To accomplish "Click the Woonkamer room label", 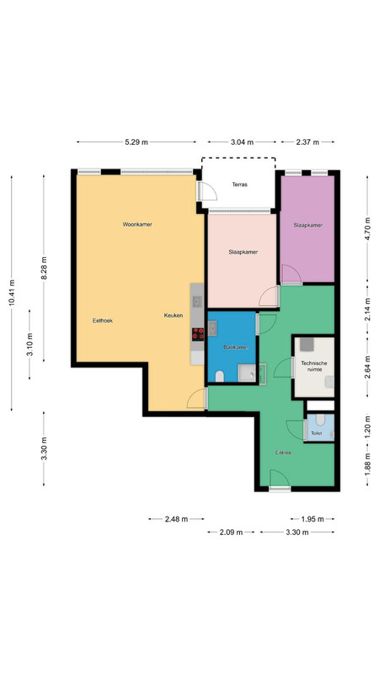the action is coord(137,224).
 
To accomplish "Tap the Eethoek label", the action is coord(103,321).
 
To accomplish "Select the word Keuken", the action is coord(173,315).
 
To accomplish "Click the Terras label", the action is coord(240,185).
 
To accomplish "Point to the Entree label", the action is coord(284,452).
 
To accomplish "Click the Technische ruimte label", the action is coord(314,366).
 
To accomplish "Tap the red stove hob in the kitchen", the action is coord(198,334).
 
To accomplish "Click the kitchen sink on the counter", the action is coord(197,302).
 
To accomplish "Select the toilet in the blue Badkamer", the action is coord(220,377).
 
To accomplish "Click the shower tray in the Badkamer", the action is coord(247,372).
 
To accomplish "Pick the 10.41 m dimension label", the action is coord(12,292).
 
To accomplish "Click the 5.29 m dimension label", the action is coord(136,142).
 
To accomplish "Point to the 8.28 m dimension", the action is coord(44,268).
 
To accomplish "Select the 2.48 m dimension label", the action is coord(176,519).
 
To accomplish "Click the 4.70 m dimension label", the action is coord(368,235).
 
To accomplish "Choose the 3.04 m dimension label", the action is coord(242,142).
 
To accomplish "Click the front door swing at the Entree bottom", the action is coord(280,479).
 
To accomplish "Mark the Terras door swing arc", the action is coord(208,192).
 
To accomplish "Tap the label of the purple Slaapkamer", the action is coord(308,225).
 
